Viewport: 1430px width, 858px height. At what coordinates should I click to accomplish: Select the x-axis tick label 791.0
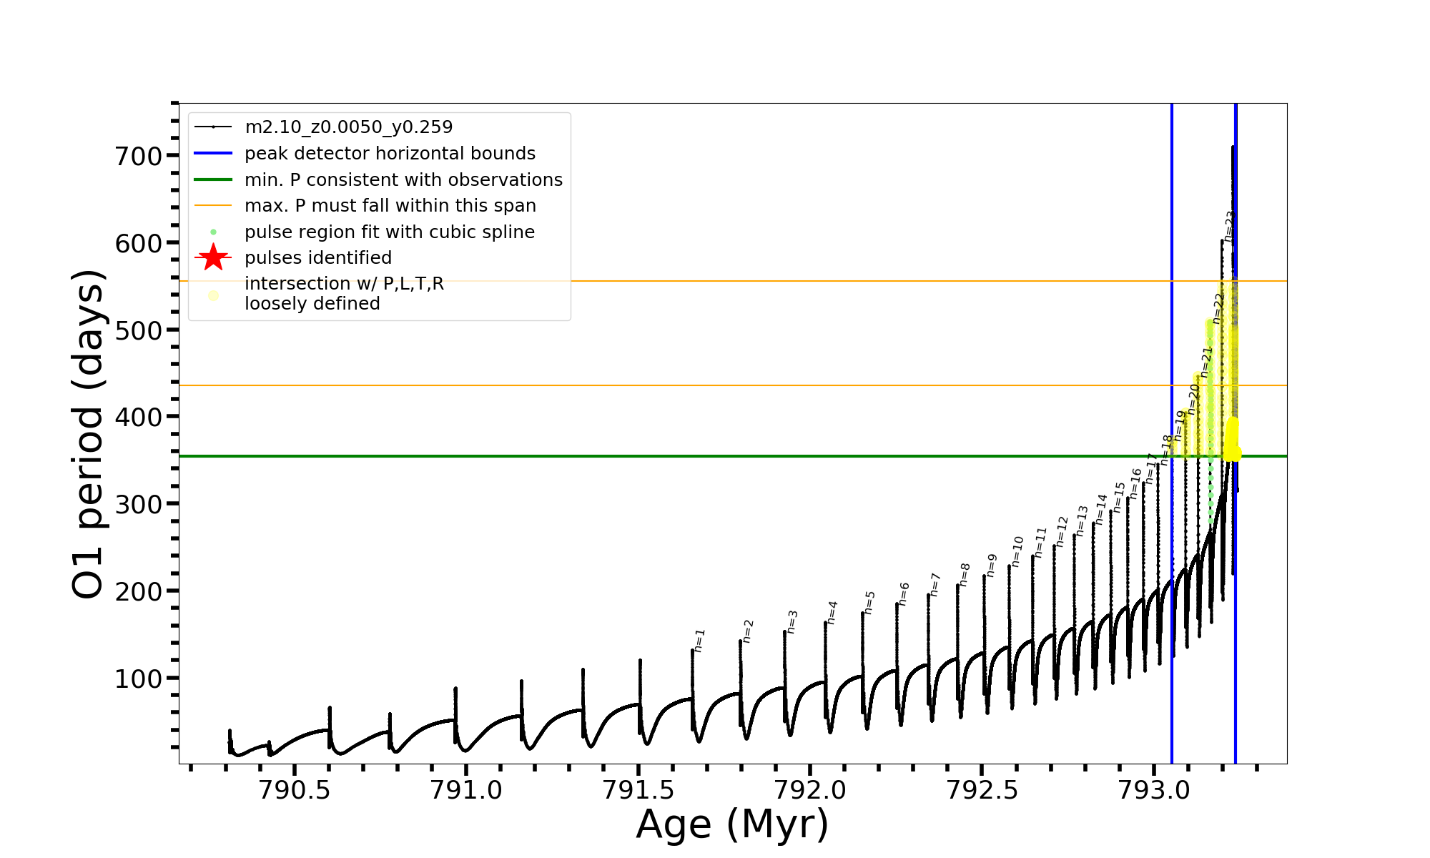tap(466, 789)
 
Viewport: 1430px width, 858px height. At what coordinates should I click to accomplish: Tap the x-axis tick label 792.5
tap(982, 789)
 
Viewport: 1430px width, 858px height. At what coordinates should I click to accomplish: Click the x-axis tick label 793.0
tap(1153, 789)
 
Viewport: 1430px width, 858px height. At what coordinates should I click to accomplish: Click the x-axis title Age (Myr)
tap(732, 824)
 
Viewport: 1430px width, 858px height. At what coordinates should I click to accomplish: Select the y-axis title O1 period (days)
tap(89, 434)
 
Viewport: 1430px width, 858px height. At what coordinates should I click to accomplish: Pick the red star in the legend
tap(213, 257)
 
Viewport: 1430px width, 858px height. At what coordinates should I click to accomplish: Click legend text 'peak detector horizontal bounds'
tap(390, 154)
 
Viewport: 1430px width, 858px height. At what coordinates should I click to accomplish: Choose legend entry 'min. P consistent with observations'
tap(403, 179)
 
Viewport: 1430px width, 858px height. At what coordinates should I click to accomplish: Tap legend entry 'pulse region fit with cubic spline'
tap(390, 232)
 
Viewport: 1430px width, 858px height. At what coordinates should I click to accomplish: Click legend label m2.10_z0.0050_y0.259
tap(349, 127)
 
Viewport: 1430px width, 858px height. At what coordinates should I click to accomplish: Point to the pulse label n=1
tap(699, 641)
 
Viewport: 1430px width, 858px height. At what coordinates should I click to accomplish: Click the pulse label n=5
tap(869, 603)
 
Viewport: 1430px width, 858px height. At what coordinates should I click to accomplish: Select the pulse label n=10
tap(1017, 552)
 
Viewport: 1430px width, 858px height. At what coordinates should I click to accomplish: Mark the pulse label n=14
tap(1101, 509)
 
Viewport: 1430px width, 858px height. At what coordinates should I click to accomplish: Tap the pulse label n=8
tap(965, 575)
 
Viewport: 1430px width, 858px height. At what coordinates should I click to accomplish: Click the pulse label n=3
tap(792, 622)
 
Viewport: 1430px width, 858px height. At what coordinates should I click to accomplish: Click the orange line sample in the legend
tap(213, 206)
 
